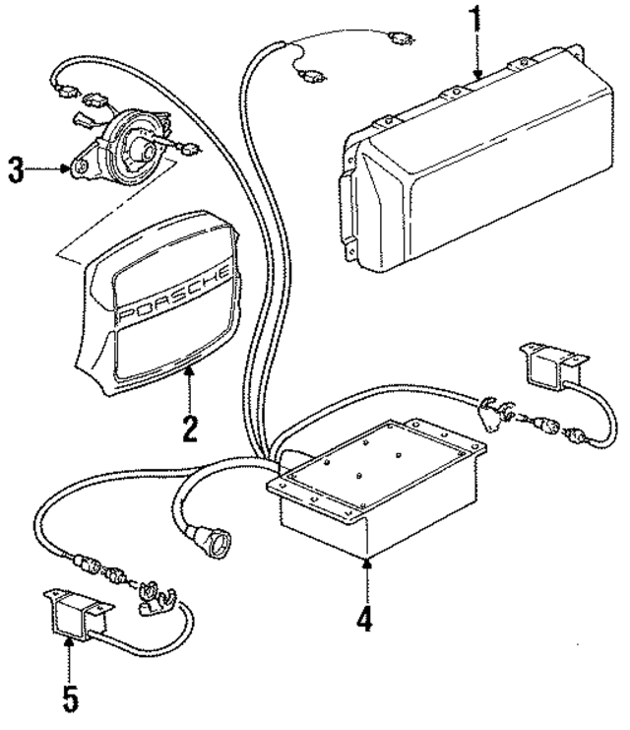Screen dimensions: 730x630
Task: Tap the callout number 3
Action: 15,169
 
